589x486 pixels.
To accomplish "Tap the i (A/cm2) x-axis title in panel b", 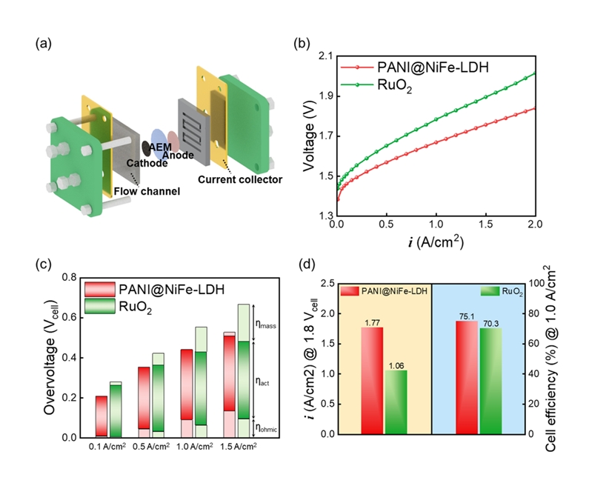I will pos(436,242).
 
